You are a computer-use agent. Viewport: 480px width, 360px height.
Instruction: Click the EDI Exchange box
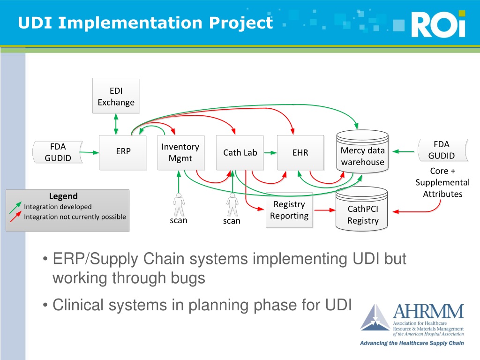(x=116, y=96)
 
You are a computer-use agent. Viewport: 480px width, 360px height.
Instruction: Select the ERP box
(x=122, y=152)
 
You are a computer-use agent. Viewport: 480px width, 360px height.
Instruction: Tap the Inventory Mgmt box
(x=180, y=152)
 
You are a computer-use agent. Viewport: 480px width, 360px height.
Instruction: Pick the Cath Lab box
(x=240, y=152)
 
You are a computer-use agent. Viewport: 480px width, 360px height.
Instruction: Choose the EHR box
(x=300, y=152)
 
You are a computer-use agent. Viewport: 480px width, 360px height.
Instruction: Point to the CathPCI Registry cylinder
(x=362, y=209)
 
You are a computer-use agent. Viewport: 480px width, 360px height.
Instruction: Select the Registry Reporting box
(x=289, y=210)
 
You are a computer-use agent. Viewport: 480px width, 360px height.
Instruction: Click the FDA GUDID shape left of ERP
(x=58, y=152)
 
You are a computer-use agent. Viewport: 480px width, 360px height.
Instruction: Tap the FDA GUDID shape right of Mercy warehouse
(x=442, y=150)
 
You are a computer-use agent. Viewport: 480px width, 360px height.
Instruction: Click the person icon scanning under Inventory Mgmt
(x=179, y=204)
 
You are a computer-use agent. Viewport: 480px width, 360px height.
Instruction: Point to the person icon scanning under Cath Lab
(x=232, y=204)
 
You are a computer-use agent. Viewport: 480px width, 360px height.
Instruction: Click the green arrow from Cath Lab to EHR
(x=270, y=152)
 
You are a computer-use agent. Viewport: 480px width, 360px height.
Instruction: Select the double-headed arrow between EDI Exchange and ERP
(x=116, y=124)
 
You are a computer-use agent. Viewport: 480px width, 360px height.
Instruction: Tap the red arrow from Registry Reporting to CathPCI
(x=325, y=210)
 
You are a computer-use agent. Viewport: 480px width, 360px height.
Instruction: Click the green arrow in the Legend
(x=15, y=207)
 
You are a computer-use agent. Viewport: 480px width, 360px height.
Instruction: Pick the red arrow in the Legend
(x=15, y=217)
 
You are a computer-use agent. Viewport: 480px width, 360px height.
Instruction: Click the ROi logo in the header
(x=438, y=24)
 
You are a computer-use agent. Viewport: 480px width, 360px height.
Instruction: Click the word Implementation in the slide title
(x=130, y=23)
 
